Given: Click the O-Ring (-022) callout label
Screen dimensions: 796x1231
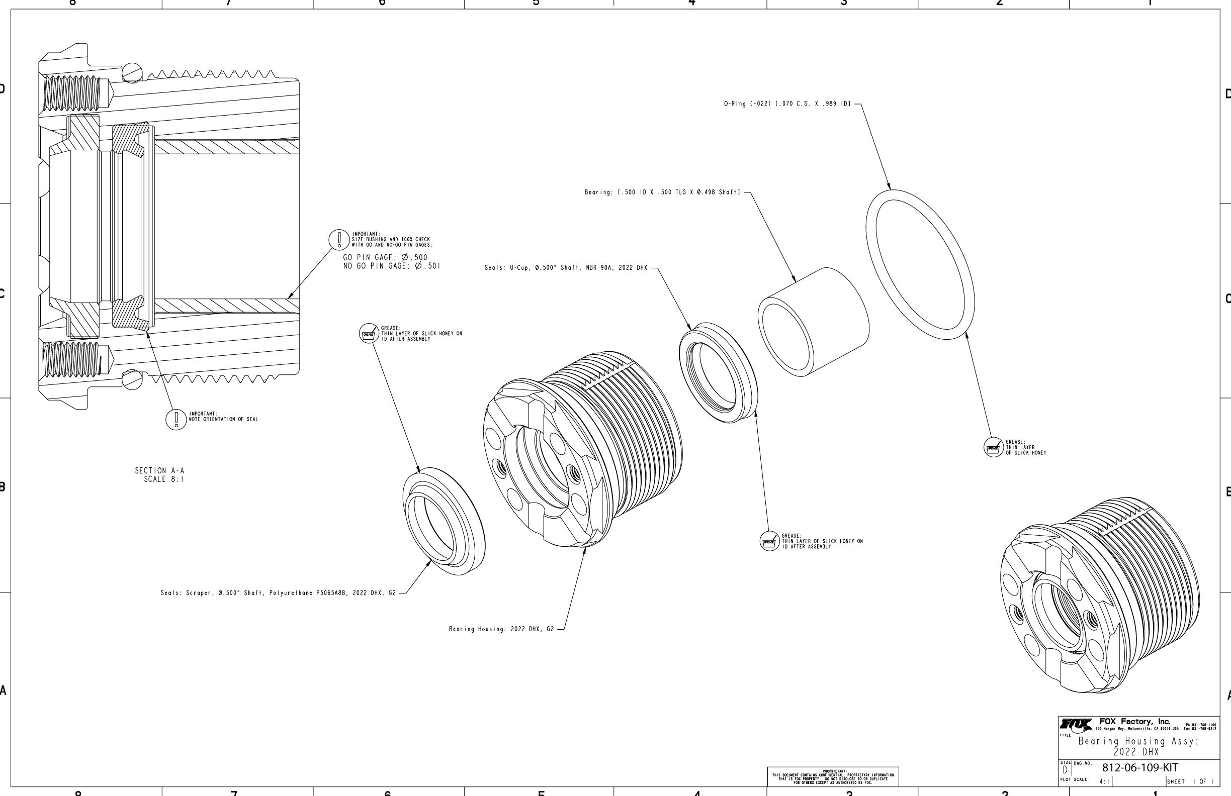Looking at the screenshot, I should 786,104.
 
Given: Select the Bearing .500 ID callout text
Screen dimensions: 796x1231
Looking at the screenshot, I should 662,192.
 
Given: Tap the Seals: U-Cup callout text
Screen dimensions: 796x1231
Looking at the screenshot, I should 565,268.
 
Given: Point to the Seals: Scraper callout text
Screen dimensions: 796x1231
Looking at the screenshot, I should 278,593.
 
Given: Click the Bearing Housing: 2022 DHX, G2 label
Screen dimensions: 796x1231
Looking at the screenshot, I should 501,629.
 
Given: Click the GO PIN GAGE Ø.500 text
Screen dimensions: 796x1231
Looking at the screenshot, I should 385,257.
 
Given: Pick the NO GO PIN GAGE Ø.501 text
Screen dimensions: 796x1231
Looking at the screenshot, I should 392,266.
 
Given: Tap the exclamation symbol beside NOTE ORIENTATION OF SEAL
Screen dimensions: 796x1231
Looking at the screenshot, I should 176,419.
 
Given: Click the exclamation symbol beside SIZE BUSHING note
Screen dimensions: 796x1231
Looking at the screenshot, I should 339,239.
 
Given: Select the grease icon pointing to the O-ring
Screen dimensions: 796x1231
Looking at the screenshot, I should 993,448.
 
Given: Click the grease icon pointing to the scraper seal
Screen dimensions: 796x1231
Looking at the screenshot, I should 369,334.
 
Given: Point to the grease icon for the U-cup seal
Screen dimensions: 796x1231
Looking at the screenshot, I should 769,541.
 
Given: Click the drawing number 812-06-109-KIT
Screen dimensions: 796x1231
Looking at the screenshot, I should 1140,767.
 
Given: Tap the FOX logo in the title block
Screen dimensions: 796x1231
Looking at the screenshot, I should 1076,724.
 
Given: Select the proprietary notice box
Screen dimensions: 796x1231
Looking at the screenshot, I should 833,776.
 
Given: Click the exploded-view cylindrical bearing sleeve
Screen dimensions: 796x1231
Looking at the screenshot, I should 813,322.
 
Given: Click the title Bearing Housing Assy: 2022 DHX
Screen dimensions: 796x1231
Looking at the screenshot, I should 1138,746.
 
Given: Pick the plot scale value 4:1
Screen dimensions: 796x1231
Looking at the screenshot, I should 1103,781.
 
